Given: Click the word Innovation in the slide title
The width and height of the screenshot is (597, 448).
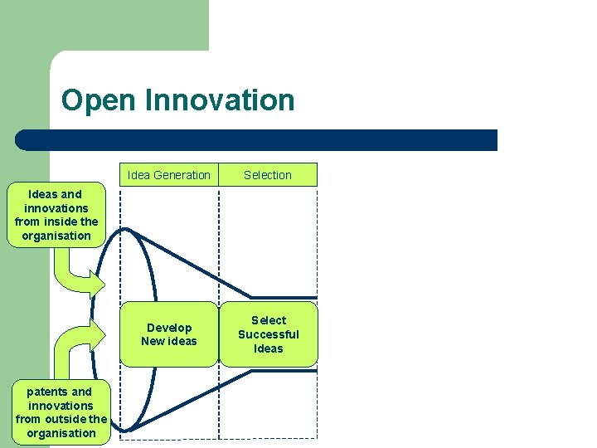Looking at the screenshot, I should tap(220, 100).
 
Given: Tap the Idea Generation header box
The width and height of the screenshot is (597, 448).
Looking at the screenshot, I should tap(169, 175).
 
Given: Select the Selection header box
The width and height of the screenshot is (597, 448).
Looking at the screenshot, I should tap(268, 175).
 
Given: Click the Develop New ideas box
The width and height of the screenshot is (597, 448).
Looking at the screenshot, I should tap(169, 334).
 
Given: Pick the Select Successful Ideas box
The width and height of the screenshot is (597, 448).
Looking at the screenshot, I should tap(268, 334).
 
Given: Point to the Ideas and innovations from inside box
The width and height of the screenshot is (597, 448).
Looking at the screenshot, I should tap(56, 215).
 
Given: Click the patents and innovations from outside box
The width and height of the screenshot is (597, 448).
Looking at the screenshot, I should tap(61, 412).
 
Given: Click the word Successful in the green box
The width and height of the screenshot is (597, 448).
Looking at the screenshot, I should tap(268, 334).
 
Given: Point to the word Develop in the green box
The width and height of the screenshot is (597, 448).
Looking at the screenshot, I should tap(169, 328).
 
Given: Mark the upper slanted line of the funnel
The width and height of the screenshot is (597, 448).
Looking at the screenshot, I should tap(191, 261).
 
